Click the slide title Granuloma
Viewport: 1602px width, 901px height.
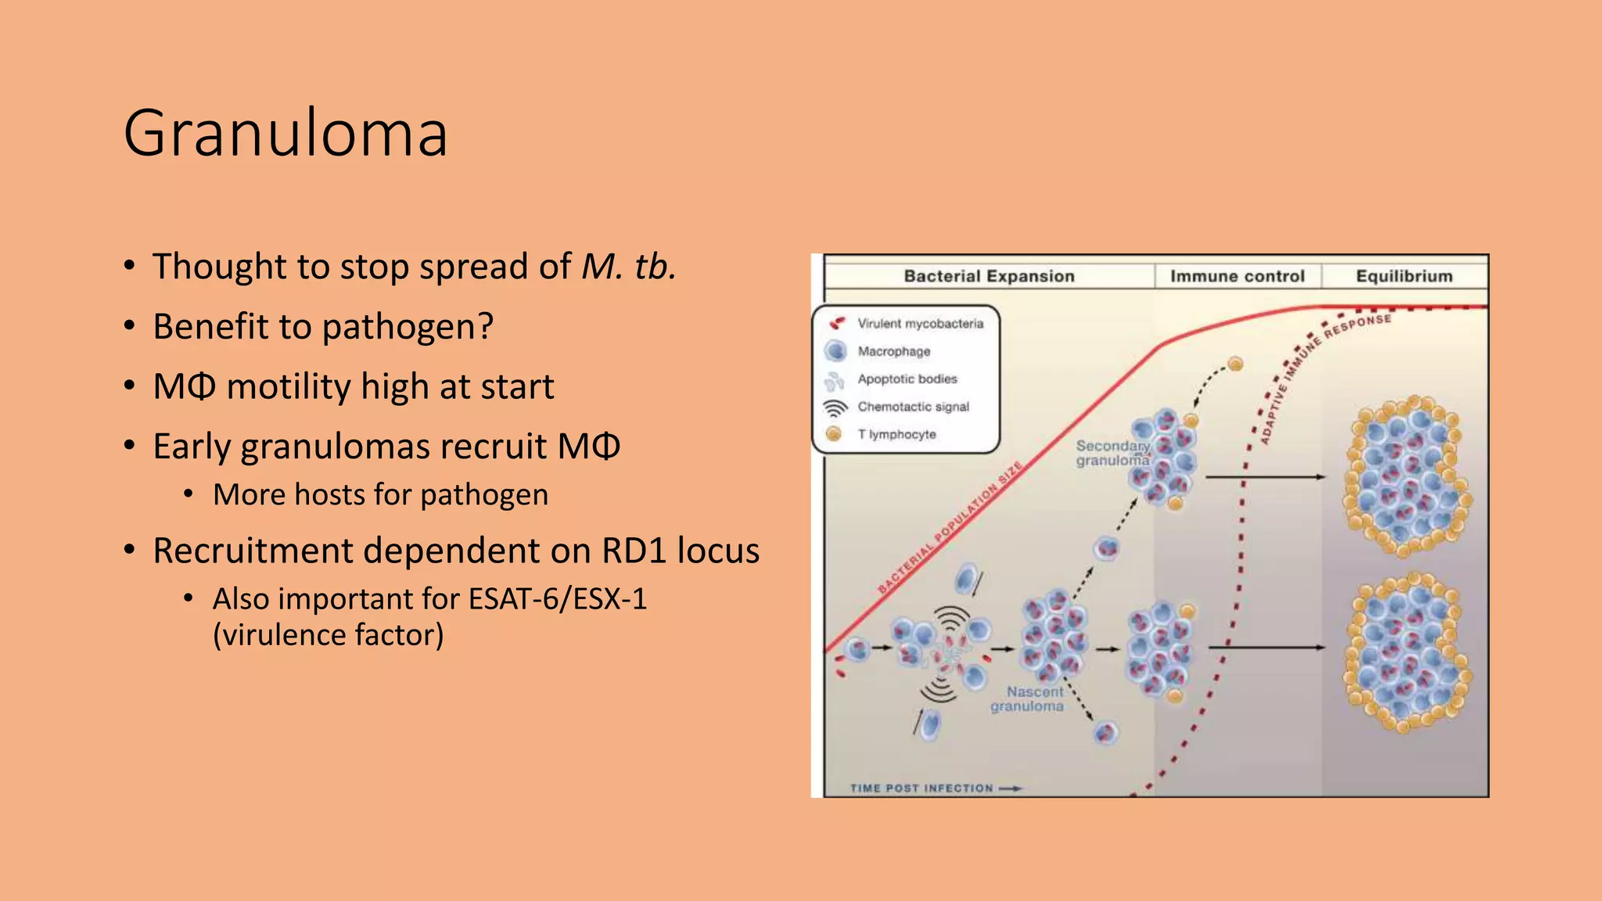coord(286,134)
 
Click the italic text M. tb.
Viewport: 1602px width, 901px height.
coord(628,267)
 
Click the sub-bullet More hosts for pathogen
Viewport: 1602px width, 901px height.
coord(380,495)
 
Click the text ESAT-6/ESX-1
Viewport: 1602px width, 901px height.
coord(558,599)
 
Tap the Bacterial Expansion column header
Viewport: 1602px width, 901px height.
coord(989,276)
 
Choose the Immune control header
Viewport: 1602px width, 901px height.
coord(1237,276)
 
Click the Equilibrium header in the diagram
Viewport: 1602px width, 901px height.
coord(1403,276)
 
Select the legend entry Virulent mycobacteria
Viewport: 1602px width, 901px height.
coord(920,324)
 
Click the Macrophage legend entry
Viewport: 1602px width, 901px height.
coord(893,352)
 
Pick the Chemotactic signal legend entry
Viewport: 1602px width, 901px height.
coord(913,407)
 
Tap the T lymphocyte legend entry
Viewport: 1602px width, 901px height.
coord(896,434)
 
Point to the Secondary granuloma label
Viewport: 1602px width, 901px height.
coord(1112,453)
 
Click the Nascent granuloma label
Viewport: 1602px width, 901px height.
coord(1028,699)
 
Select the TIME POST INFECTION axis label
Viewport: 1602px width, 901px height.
coord(921,788)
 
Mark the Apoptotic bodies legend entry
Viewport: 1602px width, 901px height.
coord(907,379)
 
